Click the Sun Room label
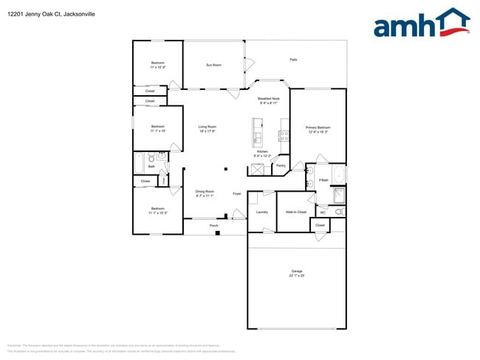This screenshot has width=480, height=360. (x=213, y=65)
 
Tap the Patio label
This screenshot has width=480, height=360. (x=293, y=60)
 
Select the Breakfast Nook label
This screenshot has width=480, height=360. (x=268, y=98)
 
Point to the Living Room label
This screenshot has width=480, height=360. (x=207, y=126)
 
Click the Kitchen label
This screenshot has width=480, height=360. (x=261, y=151)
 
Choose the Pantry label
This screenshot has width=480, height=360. (x=281, y=165)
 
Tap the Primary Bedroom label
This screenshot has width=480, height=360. (x=318, y=128)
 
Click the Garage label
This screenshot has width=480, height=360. (x=297, y=271)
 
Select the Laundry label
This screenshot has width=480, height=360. (x=261, y=212)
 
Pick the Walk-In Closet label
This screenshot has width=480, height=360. (x=296, y=212)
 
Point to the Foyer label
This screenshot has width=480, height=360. (x=237, y=193)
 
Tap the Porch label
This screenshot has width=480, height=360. (x=213, y=226)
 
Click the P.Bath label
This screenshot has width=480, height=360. (x=323, y=180)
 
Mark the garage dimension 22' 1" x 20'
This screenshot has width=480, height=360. (x=297, y=276)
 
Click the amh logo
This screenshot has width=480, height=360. (x=422, y=24)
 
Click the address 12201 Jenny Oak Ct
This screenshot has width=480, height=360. (x=41, y=13)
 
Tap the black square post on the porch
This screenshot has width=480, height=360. (x=217, y=233)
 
